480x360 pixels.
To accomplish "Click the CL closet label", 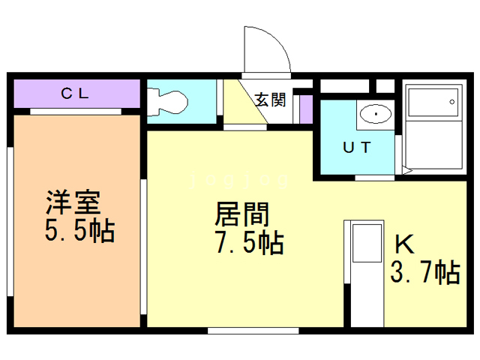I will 75,94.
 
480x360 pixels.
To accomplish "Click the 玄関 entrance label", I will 270,100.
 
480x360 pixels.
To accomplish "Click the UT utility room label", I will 356,147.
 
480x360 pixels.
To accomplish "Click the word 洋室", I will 73,202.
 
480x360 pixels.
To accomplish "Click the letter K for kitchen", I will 404,244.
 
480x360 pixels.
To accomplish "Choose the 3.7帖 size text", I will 424,271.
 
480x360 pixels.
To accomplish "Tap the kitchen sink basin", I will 365,242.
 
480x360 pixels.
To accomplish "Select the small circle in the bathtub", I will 452,100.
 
